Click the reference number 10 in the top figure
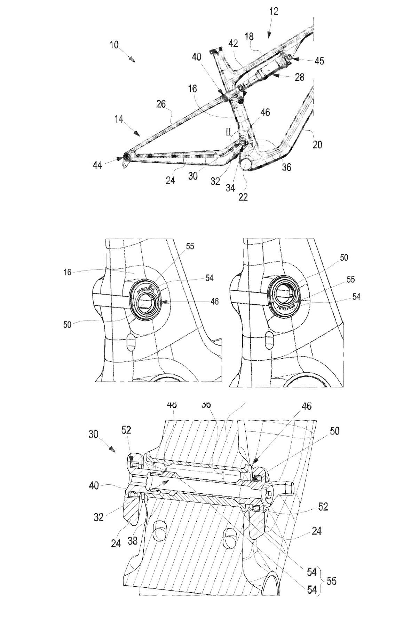[114, 45]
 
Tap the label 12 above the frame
[274, 11]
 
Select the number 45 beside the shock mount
[319, 61]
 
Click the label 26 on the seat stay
[161, 104]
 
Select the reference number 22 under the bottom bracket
[243, 197]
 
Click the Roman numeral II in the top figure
[229, 132]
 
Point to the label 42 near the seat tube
[233, 44]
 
